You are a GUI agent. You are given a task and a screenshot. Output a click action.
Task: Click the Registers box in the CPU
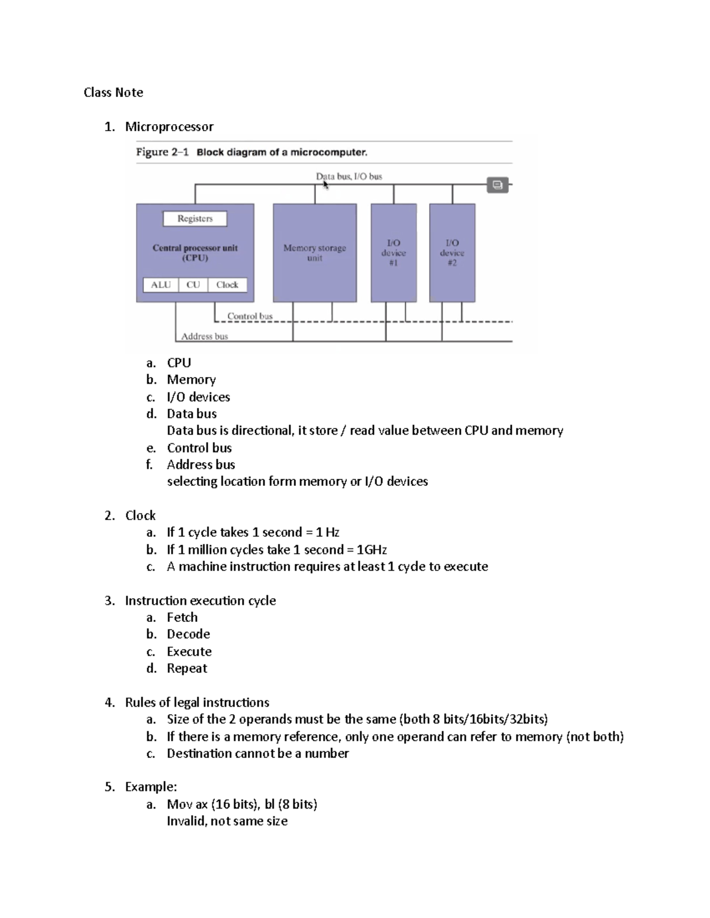(195, 219)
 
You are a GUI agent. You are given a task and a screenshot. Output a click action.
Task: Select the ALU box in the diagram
(160, 285)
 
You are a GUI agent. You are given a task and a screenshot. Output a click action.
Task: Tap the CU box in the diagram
(193, 285)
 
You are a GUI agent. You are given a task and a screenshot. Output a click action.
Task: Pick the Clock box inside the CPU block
(227, 285)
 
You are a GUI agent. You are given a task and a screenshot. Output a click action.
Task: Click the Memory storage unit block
(315, 253)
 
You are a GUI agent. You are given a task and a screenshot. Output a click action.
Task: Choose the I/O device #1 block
(393, 253)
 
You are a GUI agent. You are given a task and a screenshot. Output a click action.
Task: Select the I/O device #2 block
(452, 253)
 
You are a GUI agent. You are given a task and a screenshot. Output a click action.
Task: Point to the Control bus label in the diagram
(250, 316)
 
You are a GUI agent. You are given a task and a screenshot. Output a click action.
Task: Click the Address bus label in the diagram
(204, 336)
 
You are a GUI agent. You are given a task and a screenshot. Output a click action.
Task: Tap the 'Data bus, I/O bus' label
(349, 176)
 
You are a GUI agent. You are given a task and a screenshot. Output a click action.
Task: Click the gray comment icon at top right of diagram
(498, 185)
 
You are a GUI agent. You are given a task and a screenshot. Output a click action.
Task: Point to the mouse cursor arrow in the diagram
(325, 184)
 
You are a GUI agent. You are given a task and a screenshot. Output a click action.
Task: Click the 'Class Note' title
(113, 92)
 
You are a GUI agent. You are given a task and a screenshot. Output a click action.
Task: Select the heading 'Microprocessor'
(169, 126)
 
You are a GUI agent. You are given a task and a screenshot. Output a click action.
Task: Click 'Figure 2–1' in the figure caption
(162, 152)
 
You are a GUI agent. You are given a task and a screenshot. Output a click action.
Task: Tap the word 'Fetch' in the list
(182, 617)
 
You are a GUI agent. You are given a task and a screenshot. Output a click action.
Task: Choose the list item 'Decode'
(188, 634)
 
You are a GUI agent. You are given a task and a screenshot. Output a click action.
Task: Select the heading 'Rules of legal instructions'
(197, 702)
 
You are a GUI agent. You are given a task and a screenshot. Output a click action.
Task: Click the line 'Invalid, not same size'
(227, 821)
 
